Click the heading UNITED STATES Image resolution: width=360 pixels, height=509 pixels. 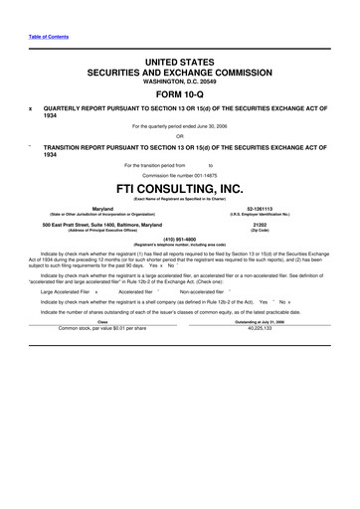[x=179, y=62]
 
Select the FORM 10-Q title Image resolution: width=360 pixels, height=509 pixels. [x=179, y=93]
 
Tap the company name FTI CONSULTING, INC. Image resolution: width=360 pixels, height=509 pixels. [x=179, y=186]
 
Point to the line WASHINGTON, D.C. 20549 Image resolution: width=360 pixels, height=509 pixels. [x=179, y=82]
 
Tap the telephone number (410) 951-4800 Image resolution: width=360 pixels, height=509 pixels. [x=179, y=239]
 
